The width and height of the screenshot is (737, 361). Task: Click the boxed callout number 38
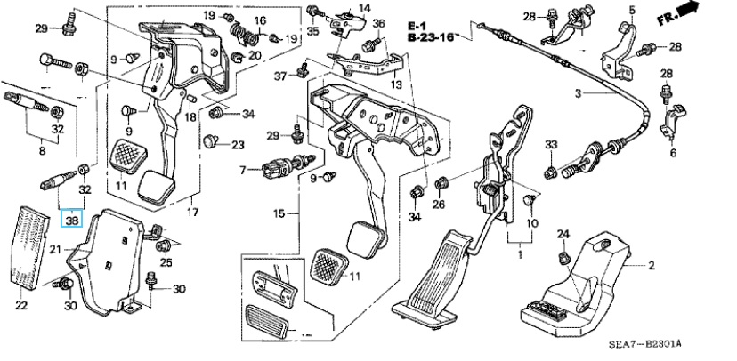(70, 217)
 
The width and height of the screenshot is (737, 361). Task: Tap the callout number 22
(21, 307)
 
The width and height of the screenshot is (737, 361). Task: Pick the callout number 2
(651, 265)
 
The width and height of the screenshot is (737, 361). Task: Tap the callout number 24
(563, 234)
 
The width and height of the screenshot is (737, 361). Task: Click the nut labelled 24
(563, 258)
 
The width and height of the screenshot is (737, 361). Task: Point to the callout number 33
(551, 145)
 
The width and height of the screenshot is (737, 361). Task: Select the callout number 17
(190, 213)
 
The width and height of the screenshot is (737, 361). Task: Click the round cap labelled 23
(211, 141)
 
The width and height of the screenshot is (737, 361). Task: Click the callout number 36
(379, 24)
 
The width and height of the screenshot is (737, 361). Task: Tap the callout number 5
(632, 10)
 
